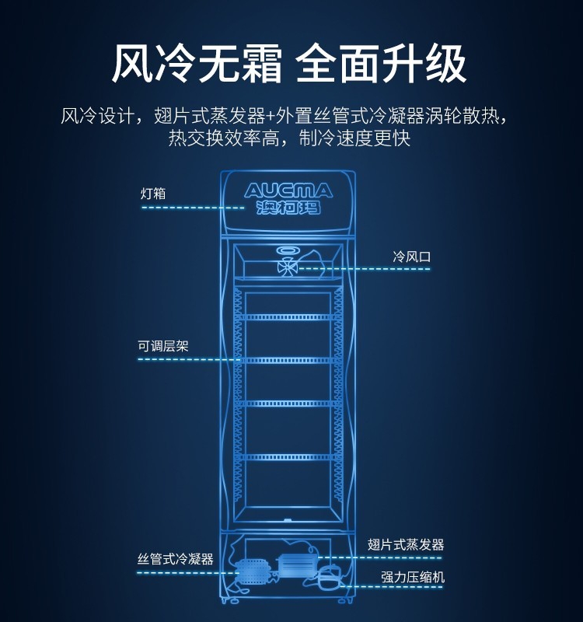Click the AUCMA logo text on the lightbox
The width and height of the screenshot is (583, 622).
pos(288,191)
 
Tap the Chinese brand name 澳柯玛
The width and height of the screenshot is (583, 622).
pos(288,208)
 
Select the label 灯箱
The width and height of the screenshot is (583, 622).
pos(153,194)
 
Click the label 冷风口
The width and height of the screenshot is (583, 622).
pos(412,256)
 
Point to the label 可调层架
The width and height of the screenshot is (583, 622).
pos(163,346)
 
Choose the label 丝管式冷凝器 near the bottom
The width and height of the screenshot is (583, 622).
pos(176,559)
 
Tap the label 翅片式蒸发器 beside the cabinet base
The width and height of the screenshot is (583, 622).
pos(406,545)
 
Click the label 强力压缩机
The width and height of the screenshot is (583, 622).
pos(413,578)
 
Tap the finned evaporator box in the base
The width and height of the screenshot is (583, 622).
pos(296,564)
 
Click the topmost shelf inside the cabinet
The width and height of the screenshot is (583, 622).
pos(288,317)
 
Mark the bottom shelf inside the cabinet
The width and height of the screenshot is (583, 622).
pos(288,457)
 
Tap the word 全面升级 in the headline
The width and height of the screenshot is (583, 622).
pos(382,64)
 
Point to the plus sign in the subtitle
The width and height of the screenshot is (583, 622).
pos(270,117)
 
